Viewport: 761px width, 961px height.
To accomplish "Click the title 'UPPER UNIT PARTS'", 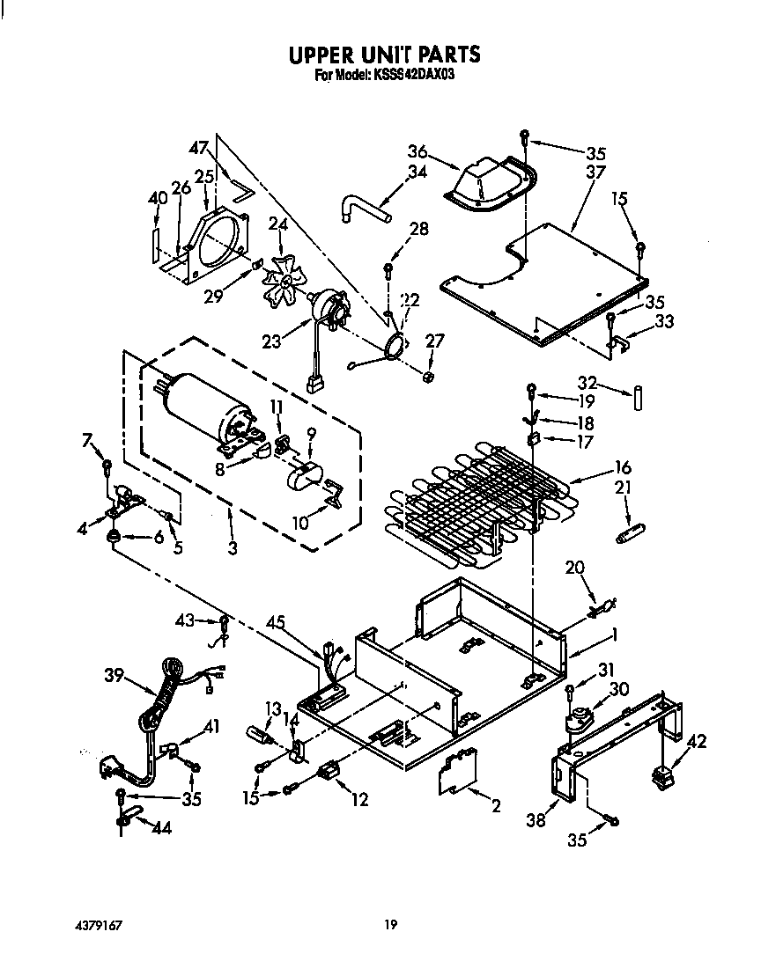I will (x=385, y=55).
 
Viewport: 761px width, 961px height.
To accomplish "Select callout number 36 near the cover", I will (x=417, y=151).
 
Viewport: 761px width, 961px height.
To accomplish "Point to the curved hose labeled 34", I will (x=364, y=209).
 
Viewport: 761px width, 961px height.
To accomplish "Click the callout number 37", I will (x=595, y=172).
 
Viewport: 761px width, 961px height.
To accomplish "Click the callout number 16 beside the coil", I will (x=623, y=467).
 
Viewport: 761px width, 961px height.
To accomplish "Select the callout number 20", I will (x=574, y=569).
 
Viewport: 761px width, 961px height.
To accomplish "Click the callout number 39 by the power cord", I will (x=115, y=676).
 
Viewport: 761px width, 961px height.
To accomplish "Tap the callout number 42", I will (x=696, y=741).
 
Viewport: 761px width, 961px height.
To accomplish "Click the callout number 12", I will (x=358, y=799).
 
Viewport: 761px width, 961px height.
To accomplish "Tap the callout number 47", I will (x=199, y=148).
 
